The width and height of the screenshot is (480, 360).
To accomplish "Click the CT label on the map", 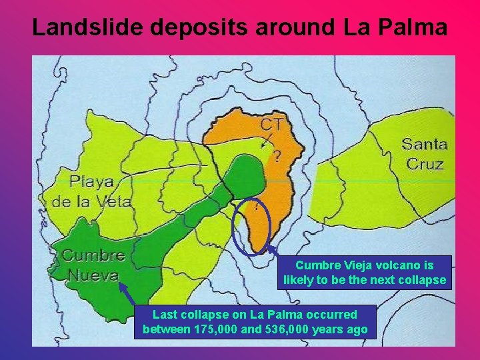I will pyautogui.click(x=271, y=125).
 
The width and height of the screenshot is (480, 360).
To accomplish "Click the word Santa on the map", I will pyautogui.click(x=424, y=144).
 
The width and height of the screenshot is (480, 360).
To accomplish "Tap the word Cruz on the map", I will pyautogui.click(x=425, y=163).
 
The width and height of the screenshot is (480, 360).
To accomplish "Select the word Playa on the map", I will pyautogui.click(x=92, y=182).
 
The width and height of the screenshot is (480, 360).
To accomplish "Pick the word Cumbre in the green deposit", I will pyautogui.click(x=93, y=255).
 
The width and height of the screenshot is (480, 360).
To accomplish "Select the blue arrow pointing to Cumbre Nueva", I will pyautogui.click(x=127, y=295).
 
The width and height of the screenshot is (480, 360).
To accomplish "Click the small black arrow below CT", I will pyautogui.click(x=266, y=140).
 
